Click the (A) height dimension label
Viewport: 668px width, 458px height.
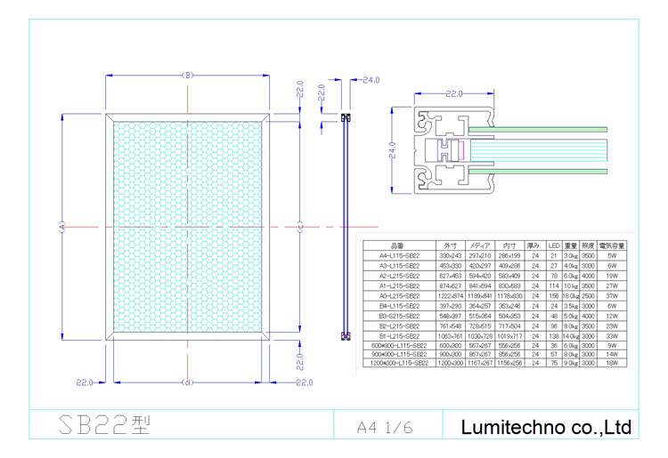pos(62,226)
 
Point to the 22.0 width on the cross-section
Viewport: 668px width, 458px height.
pos(455,92)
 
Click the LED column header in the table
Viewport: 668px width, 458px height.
pos(553,245)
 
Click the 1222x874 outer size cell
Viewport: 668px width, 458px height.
pos(449,296)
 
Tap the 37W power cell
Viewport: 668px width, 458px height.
pos(612,296)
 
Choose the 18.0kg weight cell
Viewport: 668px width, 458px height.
pos(571,296)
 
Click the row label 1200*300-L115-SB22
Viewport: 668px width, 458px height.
pos(396,364)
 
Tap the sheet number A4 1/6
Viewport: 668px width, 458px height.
pos(385,427)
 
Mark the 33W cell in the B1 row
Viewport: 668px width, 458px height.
pos(612,337)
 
